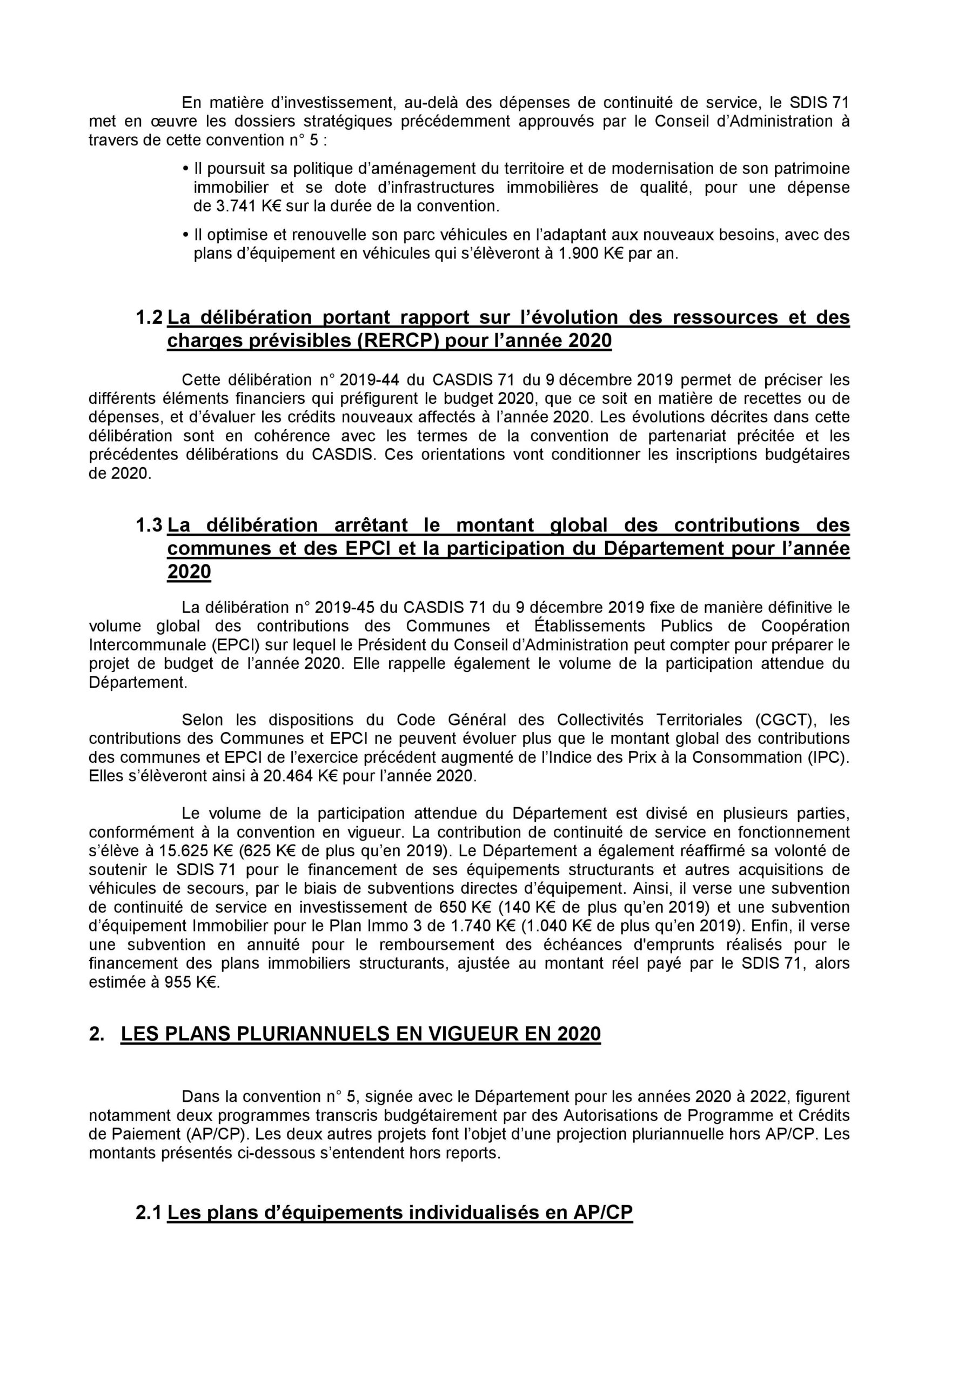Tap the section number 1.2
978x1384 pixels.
click(x=150, y=318)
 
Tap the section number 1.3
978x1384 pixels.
click(x=150, y=525)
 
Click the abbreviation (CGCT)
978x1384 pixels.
click(x=785, y=720)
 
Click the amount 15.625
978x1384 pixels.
click(x=169, y=851)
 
